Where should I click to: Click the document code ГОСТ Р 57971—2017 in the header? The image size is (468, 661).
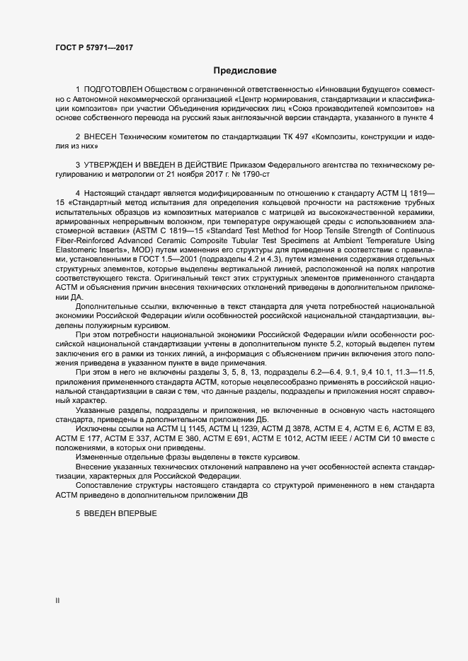[x=93, y=47]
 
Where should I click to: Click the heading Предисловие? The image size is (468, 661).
[x=244, y=71]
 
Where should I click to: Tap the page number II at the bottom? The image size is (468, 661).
[x=58, y=601]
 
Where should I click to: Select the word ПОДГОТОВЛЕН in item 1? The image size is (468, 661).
[x=113, y=90]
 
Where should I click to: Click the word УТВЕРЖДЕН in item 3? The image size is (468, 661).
[x=114, y=163]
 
